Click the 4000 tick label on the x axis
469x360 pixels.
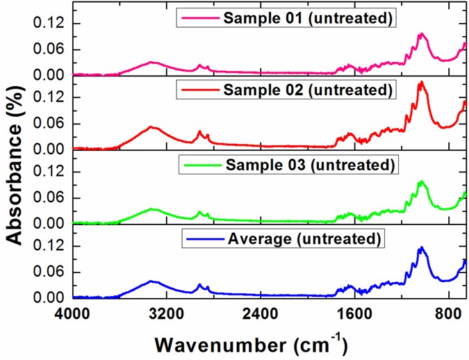point(72,314)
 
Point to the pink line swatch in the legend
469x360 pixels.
point(199,17)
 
